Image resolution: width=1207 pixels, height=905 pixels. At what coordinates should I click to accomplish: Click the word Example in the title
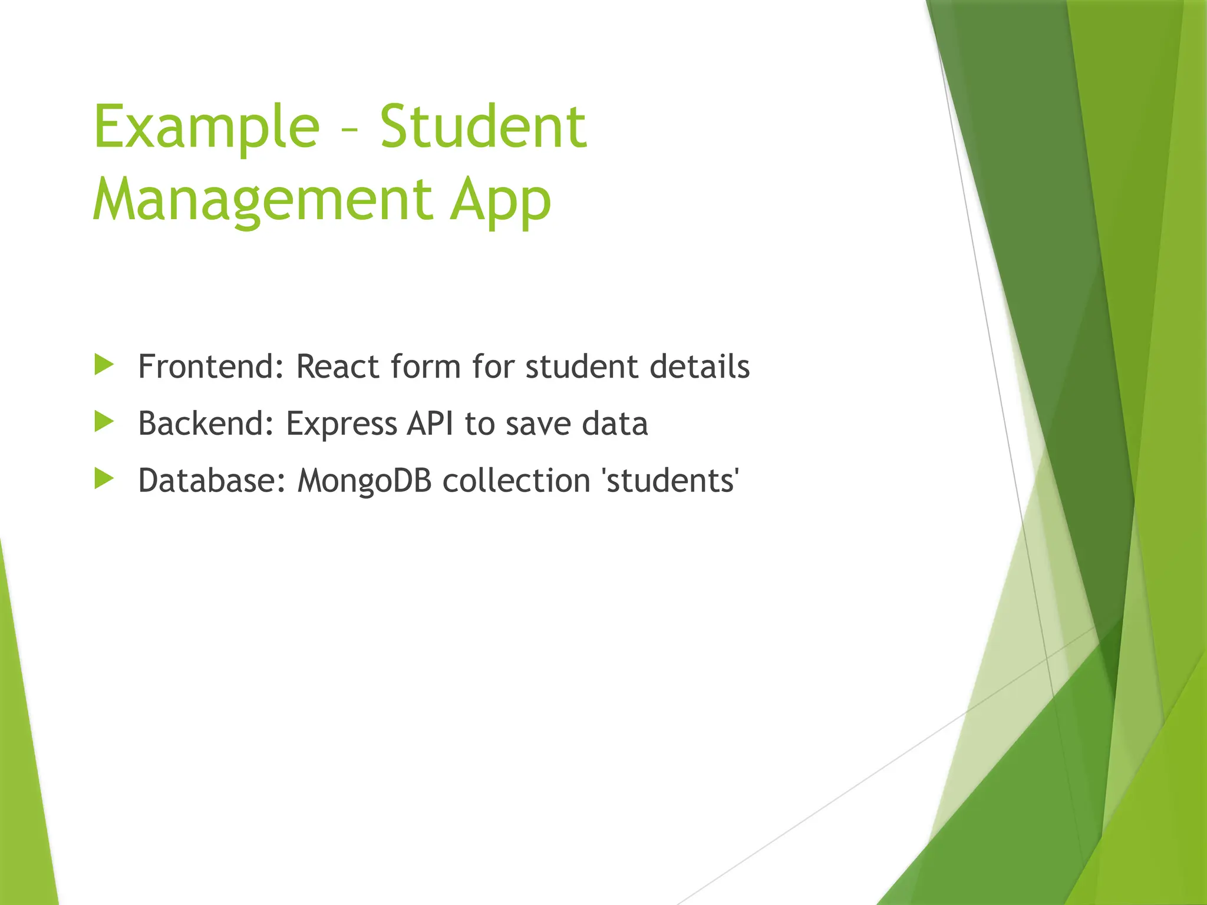(206, 127)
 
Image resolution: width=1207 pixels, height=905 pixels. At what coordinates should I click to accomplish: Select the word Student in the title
(483, 127)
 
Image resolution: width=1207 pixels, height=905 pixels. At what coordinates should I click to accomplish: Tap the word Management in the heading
(262, 200)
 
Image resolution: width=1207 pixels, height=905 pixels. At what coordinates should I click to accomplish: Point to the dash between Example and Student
(349, 131)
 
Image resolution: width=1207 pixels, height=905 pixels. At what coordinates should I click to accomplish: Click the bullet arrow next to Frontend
(104, 365)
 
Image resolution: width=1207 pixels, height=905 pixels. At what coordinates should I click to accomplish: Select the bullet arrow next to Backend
(104, 422)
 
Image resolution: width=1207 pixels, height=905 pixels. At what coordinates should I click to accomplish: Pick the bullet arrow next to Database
(104, 479)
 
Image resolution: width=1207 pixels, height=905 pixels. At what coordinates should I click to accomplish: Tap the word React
(337, 366)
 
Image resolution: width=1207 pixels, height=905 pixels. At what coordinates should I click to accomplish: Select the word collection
(516, 481)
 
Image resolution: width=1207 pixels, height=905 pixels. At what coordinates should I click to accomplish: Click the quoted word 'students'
(671, 481)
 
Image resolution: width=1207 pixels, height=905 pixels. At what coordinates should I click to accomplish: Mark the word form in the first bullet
(425, 366)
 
